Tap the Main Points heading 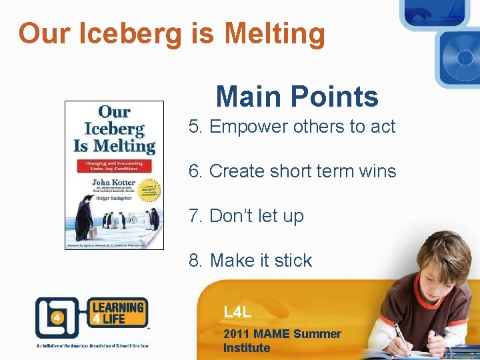coord(297,97)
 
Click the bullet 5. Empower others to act coord(292,127)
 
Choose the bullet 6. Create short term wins coord(292,171)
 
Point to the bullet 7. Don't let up coord(246,216)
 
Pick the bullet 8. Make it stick coord(250,260)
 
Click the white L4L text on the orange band coord(238,312)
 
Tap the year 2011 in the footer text coord(237,334)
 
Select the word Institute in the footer coord(247,348)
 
